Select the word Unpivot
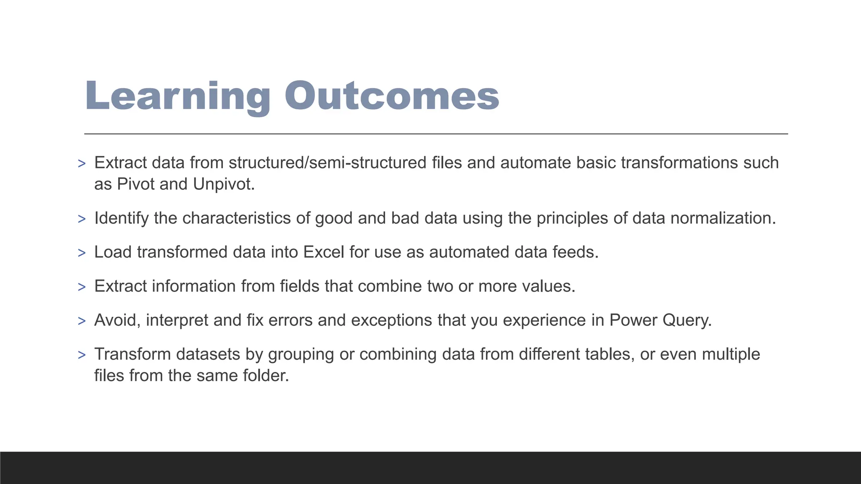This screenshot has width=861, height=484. point(224,184)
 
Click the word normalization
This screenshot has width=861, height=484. point(723,218)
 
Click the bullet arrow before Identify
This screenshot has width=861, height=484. point(82,219)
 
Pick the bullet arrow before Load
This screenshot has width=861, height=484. point(82,253)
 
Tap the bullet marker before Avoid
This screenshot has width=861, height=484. point(82,321)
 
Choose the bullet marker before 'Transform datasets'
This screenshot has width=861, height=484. point(82,355)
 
